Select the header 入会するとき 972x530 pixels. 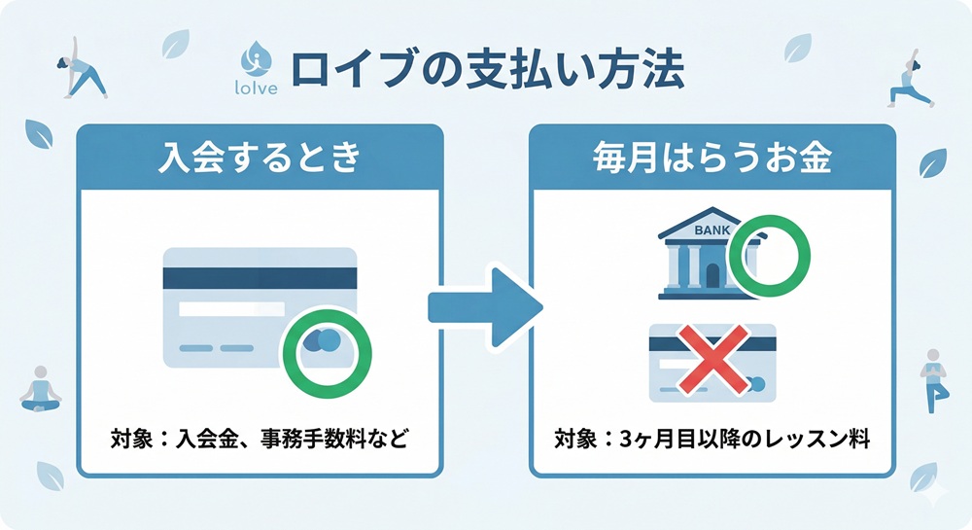pyautogui.click(x=260, y=159)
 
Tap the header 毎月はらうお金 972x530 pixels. pyautogui.click(x=712, y=159)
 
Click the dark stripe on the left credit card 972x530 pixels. pyautogui.click(x=260, y=277)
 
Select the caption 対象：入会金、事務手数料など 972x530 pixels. pyautogui.click(x=260, y=440)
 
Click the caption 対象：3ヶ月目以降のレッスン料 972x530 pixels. pyautogui.click(x=712, y=440)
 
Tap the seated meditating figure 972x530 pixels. pyautogui.click(x=41, y=387)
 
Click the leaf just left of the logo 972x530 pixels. pyautogui.click(x=176, y=45)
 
